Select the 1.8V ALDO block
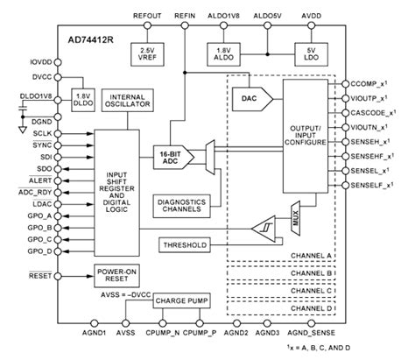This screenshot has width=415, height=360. tap(223, 53)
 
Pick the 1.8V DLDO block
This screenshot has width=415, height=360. tap(81, 99)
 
